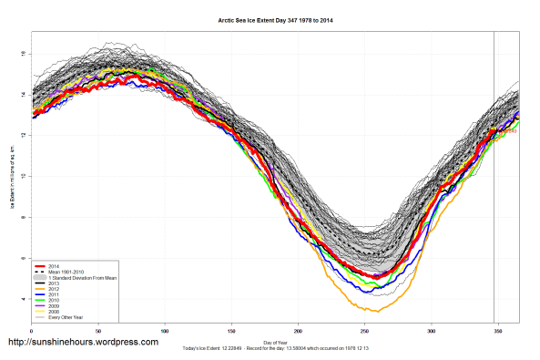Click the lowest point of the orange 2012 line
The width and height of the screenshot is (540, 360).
tap(364, 311)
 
